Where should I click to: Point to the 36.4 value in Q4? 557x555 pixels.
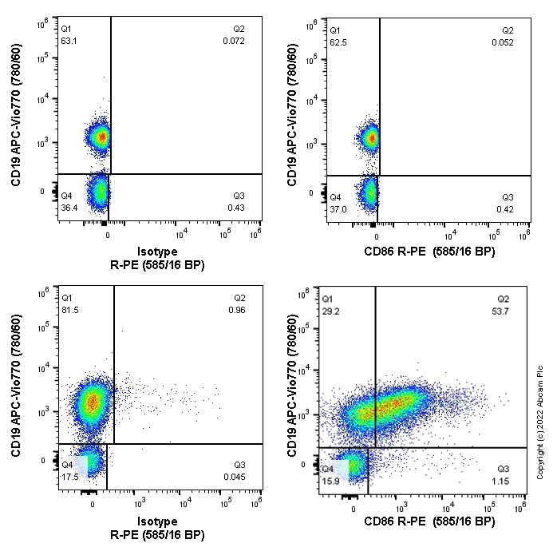click(69, 208)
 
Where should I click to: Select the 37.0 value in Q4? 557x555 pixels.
click(338, 208)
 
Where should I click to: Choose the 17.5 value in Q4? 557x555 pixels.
click(69, 478)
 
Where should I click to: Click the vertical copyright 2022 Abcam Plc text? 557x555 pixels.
click(542, 416)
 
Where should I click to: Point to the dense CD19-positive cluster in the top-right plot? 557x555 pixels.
click(370, 137)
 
